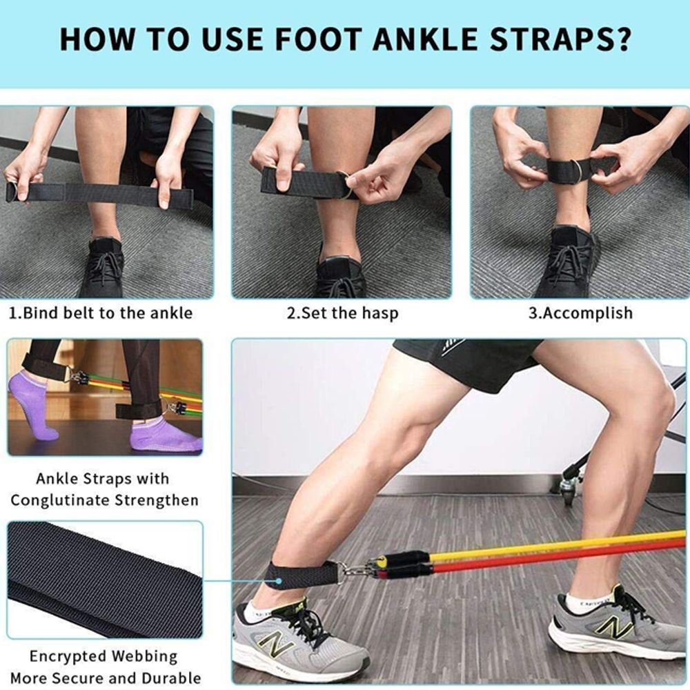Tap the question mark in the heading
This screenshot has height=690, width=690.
click(x=622, y=39)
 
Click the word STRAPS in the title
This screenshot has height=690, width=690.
click(x=551, y=39)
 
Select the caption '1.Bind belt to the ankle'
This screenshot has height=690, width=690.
click(x=101, y=313)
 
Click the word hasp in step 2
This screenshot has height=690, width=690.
click(x=380, y=313)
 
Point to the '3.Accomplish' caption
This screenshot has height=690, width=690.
click(x=580, y=313)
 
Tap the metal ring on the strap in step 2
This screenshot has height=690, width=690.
click(x=344, y=185)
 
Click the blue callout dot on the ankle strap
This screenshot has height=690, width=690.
click(x=279, y=581)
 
